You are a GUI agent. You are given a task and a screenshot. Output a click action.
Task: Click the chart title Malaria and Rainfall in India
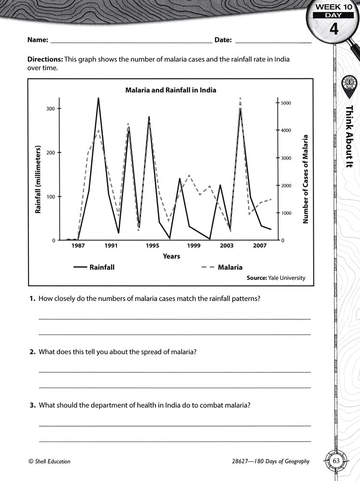(171, 90)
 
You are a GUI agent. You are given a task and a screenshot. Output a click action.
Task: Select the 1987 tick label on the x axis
(78, 245)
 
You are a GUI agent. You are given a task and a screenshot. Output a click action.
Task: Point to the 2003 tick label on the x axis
(226, 245)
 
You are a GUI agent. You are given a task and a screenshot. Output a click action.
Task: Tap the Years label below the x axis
(171, 256)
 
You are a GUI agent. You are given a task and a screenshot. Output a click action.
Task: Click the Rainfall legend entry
(94, 267)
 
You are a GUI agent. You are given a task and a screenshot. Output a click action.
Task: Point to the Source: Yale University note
(276, 278)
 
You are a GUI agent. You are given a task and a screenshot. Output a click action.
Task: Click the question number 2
(32, 352)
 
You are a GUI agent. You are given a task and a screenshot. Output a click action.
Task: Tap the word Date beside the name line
(223, 40)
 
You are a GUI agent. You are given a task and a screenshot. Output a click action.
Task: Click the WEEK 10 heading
(334, 8)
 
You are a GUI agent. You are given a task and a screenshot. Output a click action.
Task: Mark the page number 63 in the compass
(336, 461)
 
